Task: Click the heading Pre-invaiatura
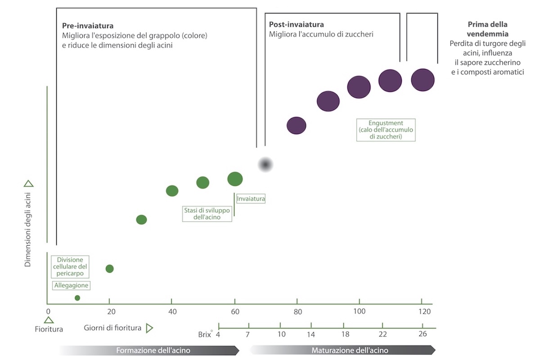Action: (88, 26)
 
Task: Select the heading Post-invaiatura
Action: (296, 25)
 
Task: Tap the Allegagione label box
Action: (71, 285)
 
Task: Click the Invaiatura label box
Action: (251, 198)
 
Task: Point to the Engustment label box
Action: (386, 130)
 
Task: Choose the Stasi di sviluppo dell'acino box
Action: (207, 213)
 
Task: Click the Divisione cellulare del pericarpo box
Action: (70, 266)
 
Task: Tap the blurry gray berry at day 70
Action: (265, 165)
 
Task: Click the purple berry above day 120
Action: (423, 80)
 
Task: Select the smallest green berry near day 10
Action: (77, 298)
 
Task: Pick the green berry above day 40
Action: (172, 191)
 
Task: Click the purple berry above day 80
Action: (296, 126)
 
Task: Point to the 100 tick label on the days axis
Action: (359, 312)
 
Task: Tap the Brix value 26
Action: (423, 334)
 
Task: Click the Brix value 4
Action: (218, 334)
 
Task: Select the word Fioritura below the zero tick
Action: (49, 329)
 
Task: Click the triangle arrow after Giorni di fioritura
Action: (150, 328)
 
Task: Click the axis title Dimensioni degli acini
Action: (28, 229)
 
